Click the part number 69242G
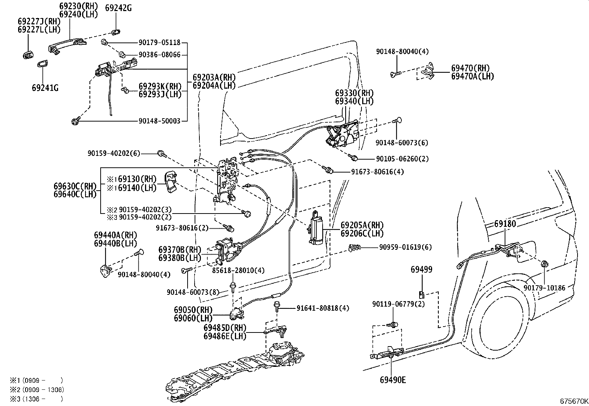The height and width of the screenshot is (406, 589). (118, 8)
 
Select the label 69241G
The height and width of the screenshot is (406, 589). (45, 88)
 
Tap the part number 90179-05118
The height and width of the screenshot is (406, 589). (159, 43)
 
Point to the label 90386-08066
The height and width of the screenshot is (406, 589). (159, 55)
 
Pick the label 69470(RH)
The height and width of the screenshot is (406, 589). (470, 68)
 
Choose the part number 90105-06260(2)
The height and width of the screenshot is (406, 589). (402, 159)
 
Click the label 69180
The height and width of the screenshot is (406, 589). (505, 224)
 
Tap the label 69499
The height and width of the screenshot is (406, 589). (421, 270)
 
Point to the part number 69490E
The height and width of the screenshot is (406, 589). (392, 380)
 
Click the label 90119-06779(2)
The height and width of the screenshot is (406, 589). (398, 304)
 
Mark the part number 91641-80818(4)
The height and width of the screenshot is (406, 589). (322, 308)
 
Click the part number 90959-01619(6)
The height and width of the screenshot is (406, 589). (405, 247)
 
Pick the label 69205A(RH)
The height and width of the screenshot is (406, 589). (362, 225)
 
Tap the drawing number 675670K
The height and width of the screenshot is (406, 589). (573, 401)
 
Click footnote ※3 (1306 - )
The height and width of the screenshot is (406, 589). (37, 399)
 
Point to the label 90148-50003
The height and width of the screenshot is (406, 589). (159, 121)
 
